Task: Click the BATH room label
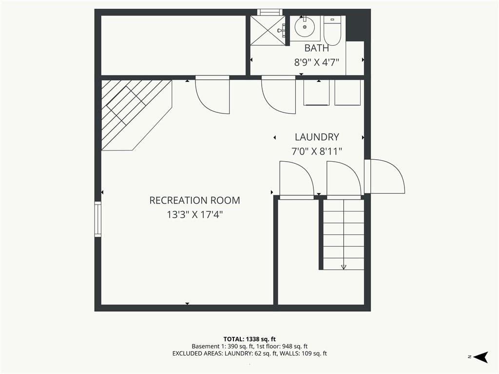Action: (317, 48)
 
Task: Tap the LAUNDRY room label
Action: (317, 137)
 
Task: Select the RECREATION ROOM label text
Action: (194, 200)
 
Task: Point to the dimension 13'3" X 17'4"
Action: (194, 215)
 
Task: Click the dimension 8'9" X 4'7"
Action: (317, 62)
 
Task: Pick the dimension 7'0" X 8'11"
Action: (317, 151)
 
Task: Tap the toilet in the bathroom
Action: (332, 30)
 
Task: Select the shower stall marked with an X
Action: (268, 30)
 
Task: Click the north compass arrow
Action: (481, 357)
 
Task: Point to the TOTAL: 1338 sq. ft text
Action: (249, 339)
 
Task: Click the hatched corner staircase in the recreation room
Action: (136, 115)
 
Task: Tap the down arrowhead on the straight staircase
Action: (344, 267)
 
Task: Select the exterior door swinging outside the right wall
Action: (384, 176)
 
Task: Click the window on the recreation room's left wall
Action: (97, 219)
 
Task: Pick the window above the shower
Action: (270, 12)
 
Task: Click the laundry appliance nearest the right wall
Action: (347, 92)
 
